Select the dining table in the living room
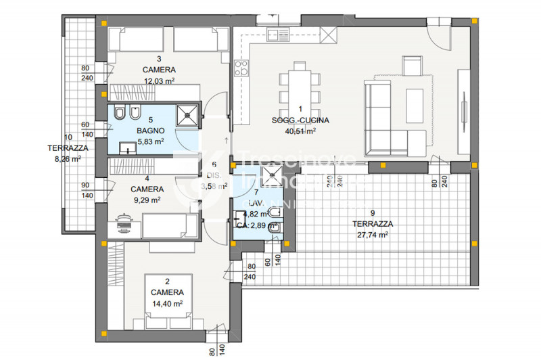coord(300,81)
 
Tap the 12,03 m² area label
coord(159,81)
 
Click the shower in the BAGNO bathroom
coord(187,116)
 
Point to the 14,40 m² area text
coord(167,304)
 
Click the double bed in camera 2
coord(167,298)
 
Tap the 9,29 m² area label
coord(146,200)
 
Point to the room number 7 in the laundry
coord(256,192)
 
